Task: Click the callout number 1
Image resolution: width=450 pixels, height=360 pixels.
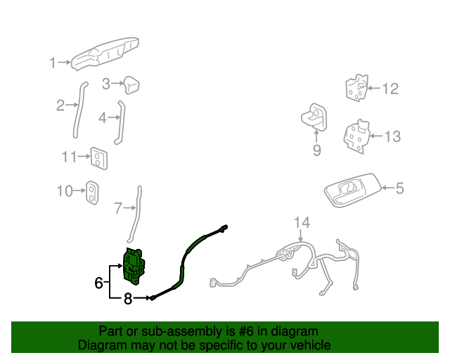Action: [52, 63]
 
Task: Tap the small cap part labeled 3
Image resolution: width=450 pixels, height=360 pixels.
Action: [131, 85]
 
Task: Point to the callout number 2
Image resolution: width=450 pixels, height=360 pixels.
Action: [60, 105]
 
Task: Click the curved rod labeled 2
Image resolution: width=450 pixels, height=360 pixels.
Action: [77, 112]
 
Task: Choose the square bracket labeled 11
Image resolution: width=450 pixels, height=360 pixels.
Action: [98, 158]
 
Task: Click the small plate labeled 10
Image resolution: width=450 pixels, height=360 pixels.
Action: [92, 191]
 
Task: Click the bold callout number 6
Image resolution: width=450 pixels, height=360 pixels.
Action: [99, 283]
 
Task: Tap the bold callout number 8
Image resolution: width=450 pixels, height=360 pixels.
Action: [128, 299]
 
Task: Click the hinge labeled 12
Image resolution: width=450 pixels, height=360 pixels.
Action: [356, 88]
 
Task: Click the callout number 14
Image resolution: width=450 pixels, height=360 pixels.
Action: [301, 223]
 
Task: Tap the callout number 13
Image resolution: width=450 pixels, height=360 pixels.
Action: [392, 136]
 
